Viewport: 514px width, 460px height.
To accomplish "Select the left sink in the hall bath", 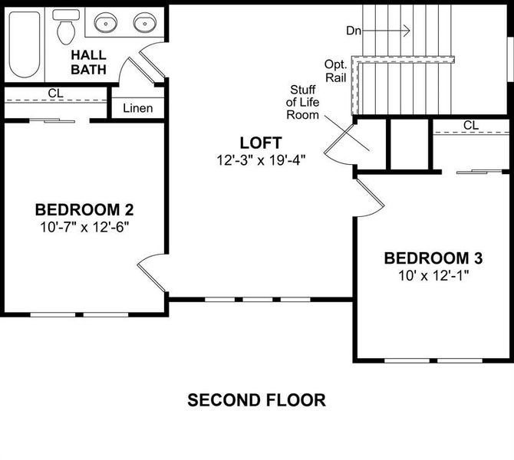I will [106, 25].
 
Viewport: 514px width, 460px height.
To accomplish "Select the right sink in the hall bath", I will [143, 25].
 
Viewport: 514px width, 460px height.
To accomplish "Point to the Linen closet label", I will [138, 108].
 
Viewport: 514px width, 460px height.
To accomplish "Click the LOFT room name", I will [261, 143].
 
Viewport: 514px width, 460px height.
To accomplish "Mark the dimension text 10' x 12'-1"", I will [434, 274].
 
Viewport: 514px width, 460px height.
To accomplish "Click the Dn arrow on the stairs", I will [387, 30].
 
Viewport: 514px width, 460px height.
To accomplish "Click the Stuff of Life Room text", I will [301, 102].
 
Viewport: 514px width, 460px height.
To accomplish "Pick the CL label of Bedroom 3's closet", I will [471, 125].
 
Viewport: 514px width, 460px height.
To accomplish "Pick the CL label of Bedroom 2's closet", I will [55, 94].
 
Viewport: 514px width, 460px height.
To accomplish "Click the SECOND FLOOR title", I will [257, 399].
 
